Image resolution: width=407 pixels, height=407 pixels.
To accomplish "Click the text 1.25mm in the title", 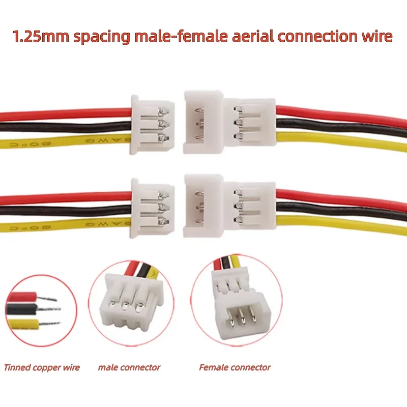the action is click(41, 36).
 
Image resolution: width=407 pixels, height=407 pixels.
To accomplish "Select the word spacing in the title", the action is click(101, 37).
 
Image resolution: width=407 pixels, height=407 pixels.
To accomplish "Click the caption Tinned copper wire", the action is click(42, 367).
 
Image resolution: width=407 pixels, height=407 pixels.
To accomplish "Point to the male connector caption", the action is click(129, 367).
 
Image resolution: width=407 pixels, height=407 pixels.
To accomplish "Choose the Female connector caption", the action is click(235, 367).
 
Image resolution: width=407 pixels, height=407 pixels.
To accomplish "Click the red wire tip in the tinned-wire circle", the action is click(47, 298).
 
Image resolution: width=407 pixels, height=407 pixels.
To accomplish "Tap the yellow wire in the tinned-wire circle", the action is click(23, 324).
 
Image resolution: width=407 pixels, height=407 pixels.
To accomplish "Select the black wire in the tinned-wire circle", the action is click(22, 309).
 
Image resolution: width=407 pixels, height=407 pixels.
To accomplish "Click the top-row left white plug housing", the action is click(152, 125).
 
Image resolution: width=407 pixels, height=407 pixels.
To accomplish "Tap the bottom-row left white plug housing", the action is click(152, 208).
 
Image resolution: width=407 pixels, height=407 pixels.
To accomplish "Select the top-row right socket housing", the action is click(229, 122).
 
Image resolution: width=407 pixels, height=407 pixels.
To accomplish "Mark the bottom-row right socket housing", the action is click(229, 206).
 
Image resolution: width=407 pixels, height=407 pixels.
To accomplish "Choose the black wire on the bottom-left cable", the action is click(66, 210).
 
